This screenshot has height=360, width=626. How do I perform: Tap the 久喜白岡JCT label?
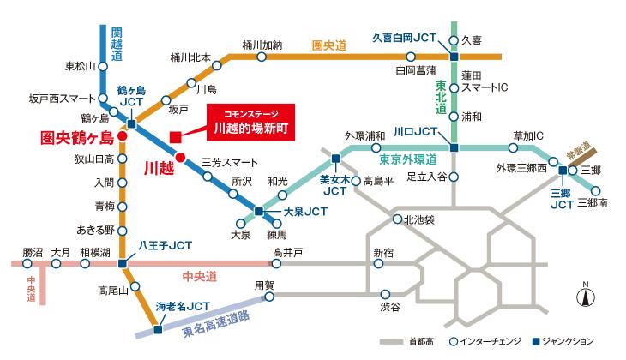point(404,38)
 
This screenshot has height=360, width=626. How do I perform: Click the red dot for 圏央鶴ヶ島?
point(123,135)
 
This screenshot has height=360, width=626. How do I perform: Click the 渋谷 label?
point(390,305)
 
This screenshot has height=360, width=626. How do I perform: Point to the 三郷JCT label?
point(562,199)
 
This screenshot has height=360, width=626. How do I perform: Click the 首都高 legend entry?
point(414,341)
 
